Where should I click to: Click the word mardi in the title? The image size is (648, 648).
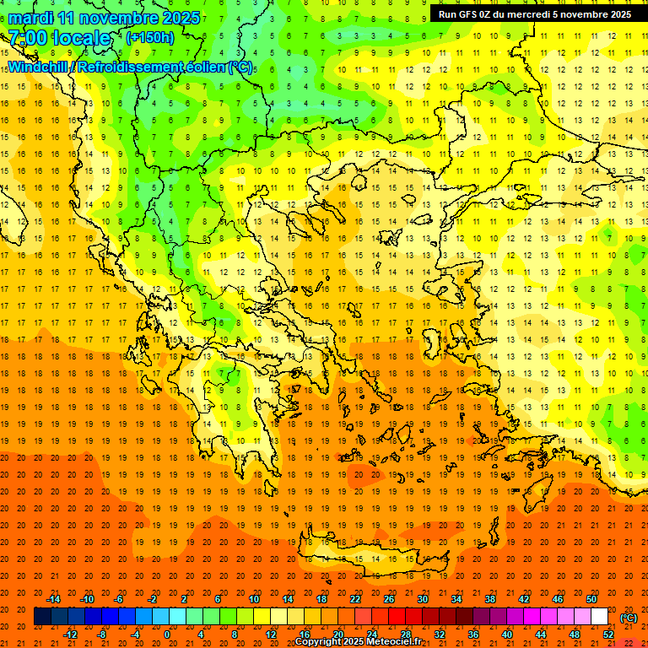click(x=29, y=18)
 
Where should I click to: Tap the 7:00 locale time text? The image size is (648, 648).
click(x=59, y=38)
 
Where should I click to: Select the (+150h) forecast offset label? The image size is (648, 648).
click(x=149, y=37)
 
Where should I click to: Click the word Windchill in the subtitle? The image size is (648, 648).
click(x=39, y=67)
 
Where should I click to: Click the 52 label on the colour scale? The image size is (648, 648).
click(x=608, y=634)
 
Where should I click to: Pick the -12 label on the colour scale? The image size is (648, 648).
click(x=70, y=634)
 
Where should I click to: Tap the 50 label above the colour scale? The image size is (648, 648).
click(x=591, y=599)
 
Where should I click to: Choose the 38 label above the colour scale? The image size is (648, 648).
click(x=490, y=599)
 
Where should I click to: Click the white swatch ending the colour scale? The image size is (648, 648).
click(x=599, y=617)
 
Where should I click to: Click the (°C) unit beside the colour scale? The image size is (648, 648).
click(x=629, y=617)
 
